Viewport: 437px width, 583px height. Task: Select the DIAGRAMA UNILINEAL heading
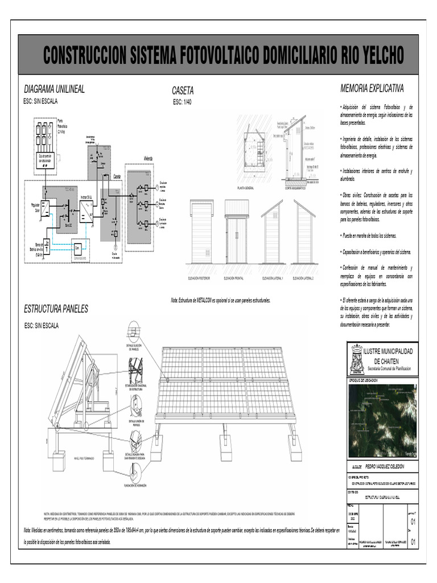[x=54, y=89]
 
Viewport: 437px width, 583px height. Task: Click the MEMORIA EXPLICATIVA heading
[x=372, y=89]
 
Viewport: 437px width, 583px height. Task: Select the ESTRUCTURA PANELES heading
[x=56, y=309]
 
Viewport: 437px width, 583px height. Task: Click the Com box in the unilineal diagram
[x=78, y=248]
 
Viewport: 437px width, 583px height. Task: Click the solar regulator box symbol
[x=45, y=206]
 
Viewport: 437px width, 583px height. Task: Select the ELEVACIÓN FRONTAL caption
[x=237, y=278]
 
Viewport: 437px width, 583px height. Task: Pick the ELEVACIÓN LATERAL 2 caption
[x=303, y=278]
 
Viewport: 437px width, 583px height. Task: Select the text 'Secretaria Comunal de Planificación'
[x=390, y=369]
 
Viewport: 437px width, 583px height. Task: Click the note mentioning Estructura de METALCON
[x=220, y=299]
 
